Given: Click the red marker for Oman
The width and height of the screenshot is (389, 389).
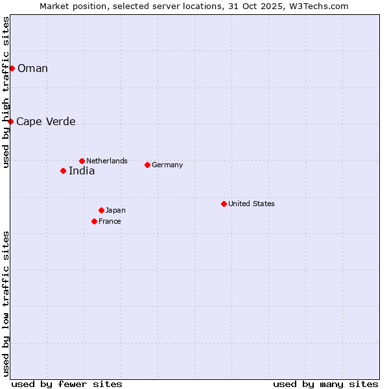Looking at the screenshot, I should coord(12,68).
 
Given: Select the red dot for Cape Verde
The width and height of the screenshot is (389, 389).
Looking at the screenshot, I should coord(10,121).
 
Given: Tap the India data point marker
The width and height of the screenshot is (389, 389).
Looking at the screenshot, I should coord(63,171).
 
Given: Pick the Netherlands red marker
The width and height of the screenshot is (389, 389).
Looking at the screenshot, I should coord(82,161).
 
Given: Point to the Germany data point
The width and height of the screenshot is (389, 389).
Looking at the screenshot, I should coord(147,165).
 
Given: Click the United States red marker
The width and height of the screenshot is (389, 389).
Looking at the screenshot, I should coord(224,204).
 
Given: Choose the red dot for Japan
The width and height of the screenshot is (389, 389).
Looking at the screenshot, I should coord(101,210).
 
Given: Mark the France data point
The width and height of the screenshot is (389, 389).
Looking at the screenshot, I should coord(94,221).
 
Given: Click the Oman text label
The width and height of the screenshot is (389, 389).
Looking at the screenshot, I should coord(32,69).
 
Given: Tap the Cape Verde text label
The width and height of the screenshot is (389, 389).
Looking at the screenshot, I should coord(45,122).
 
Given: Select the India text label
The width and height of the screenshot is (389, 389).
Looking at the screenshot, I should coord(82,171).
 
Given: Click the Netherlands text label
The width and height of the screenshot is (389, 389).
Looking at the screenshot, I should coord(107,161).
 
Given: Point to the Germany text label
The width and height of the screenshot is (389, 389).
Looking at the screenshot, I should coord(167,165).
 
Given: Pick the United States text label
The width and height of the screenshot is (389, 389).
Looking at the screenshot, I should coord(252,204).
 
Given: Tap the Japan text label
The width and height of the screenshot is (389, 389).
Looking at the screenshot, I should coord(115,210).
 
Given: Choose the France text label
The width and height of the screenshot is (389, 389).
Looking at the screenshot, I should coord(110,221).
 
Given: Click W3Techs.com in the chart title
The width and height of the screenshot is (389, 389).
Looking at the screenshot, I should coord(319,6).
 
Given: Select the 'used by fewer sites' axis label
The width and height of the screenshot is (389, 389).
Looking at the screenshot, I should coord(67,384).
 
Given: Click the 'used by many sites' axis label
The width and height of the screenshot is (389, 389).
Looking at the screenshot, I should coord(325,384).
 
